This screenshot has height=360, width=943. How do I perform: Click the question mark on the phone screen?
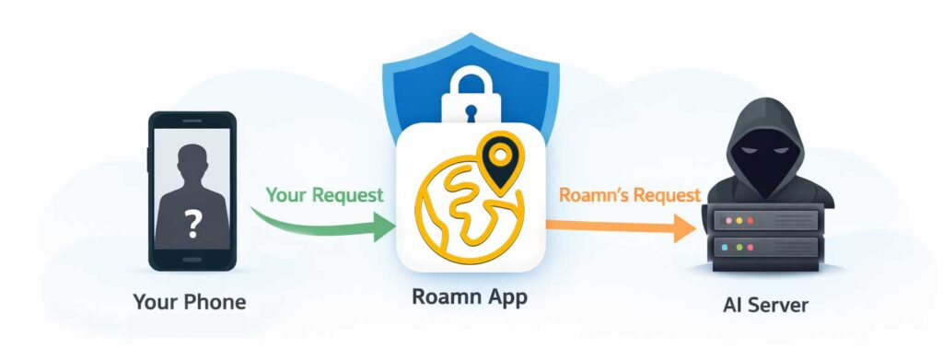tap(192, 222)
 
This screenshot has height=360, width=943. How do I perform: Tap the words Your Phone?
tap(190, 302)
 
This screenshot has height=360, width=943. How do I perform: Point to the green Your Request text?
tap(324, 195)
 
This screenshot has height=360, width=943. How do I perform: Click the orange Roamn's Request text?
tap(629, 195)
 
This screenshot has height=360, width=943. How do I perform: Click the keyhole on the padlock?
tap(471, 113)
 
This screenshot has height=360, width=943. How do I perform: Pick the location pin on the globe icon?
tap(499, 159)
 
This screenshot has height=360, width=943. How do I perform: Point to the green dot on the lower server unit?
tap(750, 248)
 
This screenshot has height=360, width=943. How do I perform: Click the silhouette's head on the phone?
tap(192, 167)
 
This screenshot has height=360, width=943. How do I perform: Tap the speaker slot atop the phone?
tap(192, 120)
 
